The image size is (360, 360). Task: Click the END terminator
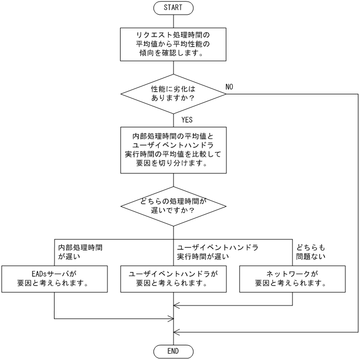click(173, 350)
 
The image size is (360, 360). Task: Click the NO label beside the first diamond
click(230, 85)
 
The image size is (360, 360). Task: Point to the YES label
click(187, 120)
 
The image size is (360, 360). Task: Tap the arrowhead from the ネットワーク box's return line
click(177, 305)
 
